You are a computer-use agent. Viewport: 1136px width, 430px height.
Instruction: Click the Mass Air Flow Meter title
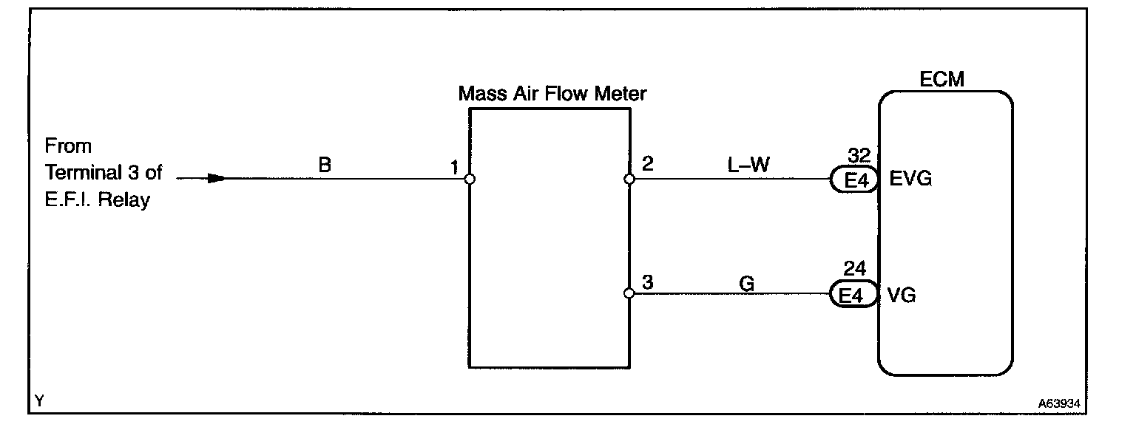pos(552,94)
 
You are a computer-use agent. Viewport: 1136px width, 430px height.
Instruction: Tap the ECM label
pos(941,79)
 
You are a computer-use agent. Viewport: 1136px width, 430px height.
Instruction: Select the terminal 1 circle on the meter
pos(469,179)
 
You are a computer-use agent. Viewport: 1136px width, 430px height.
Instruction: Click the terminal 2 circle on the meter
pos(629,179)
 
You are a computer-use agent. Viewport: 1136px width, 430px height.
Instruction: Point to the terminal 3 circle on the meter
pos(629,293)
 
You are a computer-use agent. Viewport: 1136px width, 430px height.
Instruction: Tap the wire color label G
pos(746,281)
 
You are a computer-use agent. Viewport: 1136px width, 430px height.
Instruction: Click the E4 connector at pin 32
pos(854,180)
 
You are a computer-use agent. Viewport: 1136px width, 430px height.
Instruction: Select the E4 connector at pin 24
pos(854,296)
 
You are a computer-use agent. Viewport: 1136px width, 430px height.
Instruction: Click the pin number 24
pos(855,270)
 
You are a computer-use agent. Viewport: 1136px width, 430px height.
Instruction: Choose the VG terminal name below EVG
pos(901,296)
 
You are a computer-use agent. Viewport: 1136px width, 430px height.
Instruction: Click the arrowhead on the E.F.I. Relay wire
pos(216,178)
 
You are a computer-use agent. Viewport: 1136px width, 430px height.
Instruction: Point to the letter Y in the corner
pos(40,401)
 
